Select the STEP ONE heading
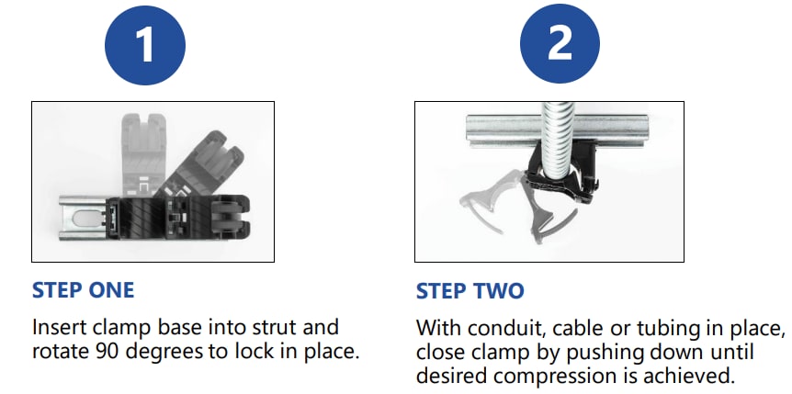tap(83, 291)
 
